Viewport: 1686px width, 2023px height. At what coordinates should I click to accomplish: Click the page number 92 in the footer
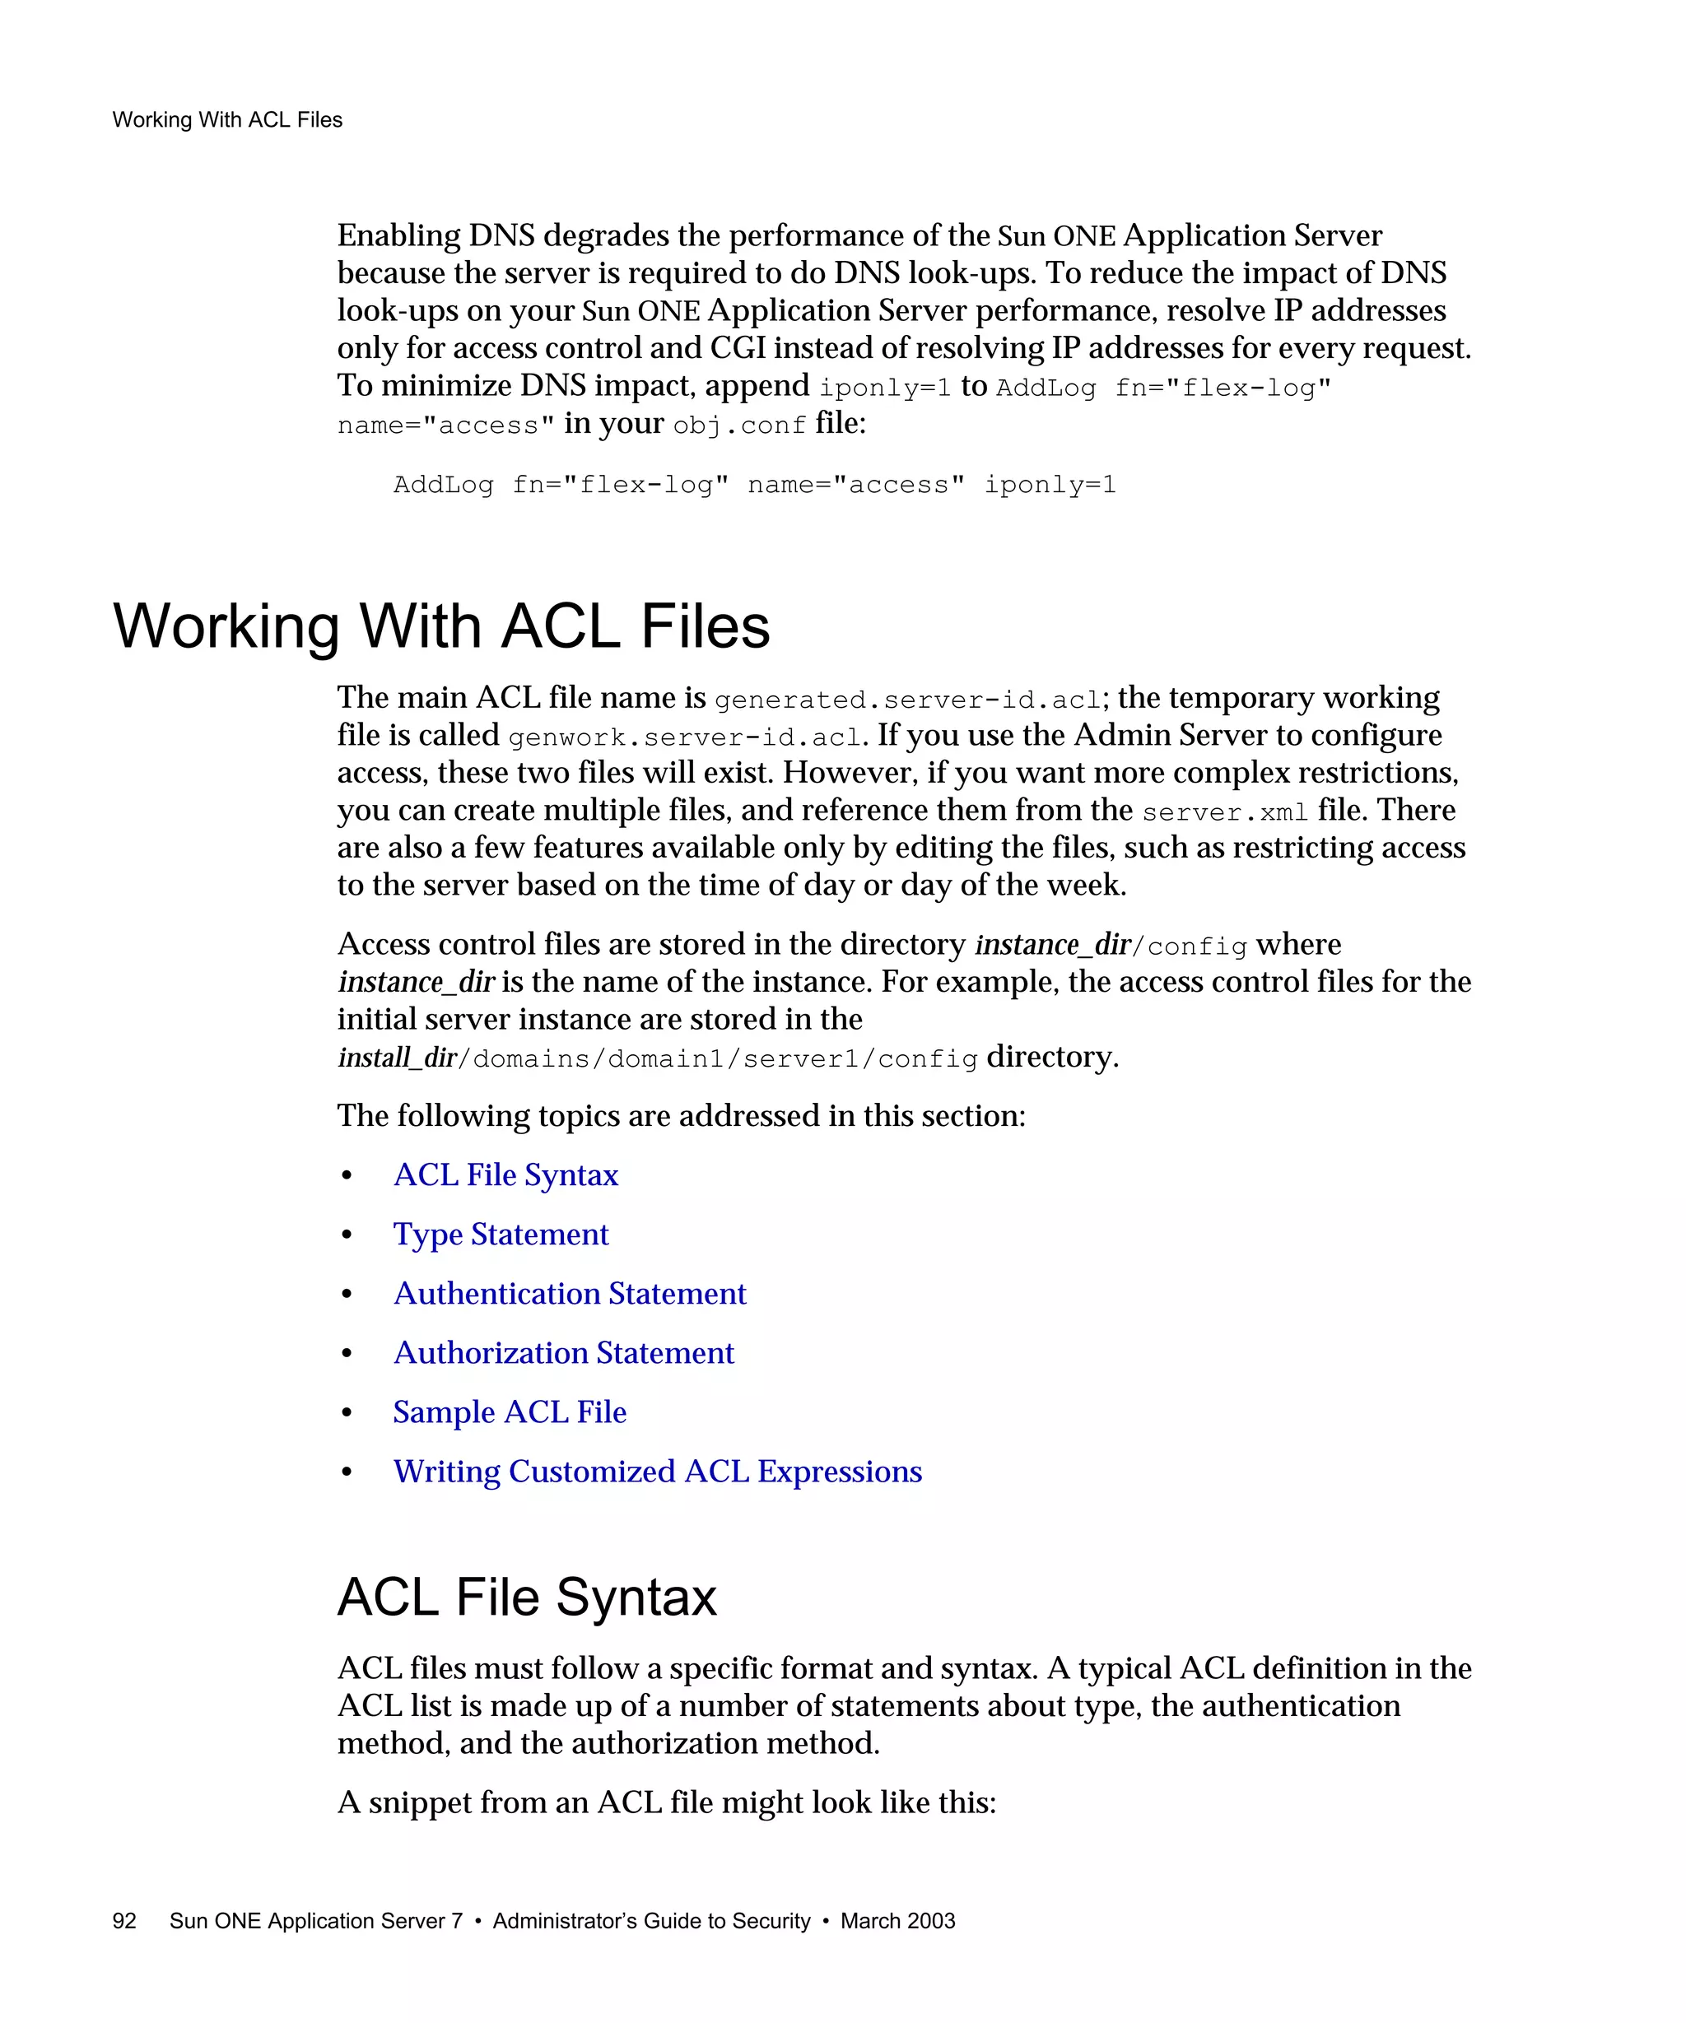pos(124,1920)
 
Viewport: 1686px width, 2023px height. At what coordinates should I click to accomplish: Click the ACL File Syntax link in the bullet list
pos(505,1175)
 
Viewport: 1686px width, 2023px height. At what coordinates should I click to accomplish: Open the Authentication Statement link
pos(570,1294)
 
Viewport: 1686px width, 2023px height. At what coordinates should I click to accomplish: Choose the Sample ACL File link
pos(510,1412)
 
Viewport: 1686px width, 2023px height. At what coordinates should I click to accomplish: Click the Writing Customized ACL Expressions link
pos(657,1471)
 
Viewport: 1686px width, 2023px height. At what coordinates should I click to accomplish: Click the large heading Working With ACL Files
pos(441,626)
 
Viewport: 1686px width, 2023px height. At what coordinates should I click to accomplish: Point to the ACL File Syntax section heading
pos(527,1597)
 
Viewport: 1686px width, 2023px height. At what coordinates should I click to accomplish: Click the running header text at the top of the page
pos(227,119)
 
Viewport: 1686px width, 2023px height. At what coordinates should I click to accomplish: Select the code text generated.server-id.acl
pos(906,700)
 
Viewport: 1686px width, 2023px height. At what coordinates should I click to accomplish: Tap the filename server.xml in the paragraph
pos(1224,813)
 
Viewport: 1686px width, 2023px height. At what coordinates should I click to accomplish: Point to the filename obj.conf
pos(739,426)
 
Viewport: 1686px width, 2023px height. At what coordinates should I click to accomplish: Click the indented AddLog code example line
pos(754,485)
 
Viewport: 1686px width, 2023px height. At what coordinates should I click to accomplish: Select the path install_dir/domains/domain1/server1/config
pos(657,1058)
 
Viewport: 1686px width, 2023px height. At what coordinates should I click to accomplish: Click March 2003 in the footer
pos(897,1920)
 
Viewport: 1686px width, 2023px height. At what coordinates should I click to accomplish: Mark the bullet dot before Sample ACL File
pos(347,1413)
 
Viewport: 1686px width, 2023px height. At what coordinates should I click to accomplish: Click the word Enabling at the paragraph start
pos(398,236)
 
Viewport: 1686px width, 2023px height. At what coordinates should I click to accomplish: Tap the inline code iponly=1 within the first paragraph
pos(884,388)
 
